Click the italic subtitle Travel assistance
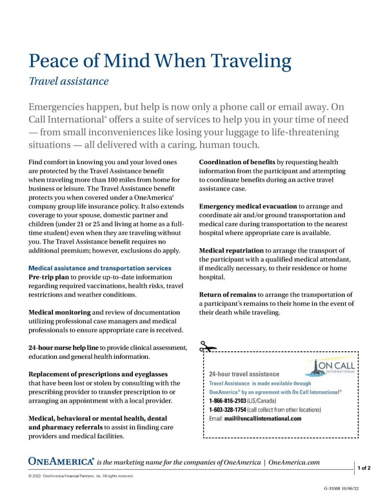click(x=68, y=81)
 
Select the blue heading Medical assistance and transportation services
click(x=100, y=268)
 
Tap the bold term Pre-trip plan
click(x=49, y=277)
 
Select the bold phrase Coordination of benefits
click(x=237, y=162)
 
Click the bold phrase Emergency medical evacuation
click(x=247, y=206)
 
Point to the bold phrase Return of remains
click(x=227, y=294)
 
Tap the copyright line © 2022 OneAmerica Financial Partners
click(x=81, y=476)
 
